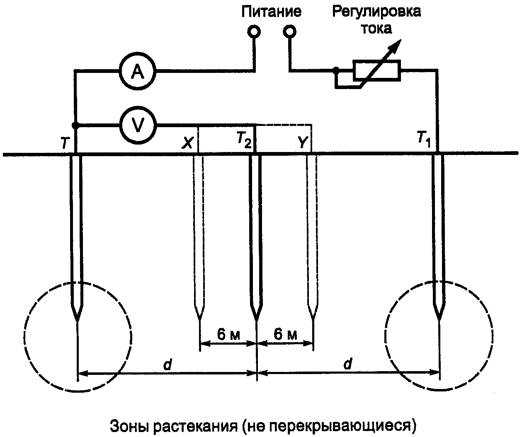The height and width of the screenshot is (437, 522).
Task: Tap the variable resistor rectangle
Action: click(x=376, y=70)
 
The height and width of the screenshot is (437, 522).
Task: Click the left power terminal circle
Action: click(x=254, y=31)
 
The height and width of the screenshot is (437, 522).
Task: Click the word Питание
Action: click(x=272, y=11)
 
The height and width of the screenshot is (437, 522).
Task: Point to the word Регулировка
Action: click(x=376, y=11)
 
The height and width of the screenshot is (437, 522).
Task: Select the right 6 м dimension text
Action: click(x=286, y=334)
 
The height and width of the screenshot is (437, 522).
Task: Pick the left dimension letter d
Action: click(x=168, y=365)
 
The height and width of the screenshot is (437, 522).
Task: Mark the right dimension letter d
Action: click(x=347, y=365)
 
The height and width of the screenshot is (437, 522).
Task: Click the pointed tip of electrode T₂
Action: click(x=255, y=319)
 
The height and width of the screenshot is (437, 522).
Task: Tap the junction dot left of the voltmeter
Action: click(x=75, y=125)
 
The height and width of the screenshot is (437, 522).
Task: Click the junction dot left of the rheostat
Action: click(x=337, y=70)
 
